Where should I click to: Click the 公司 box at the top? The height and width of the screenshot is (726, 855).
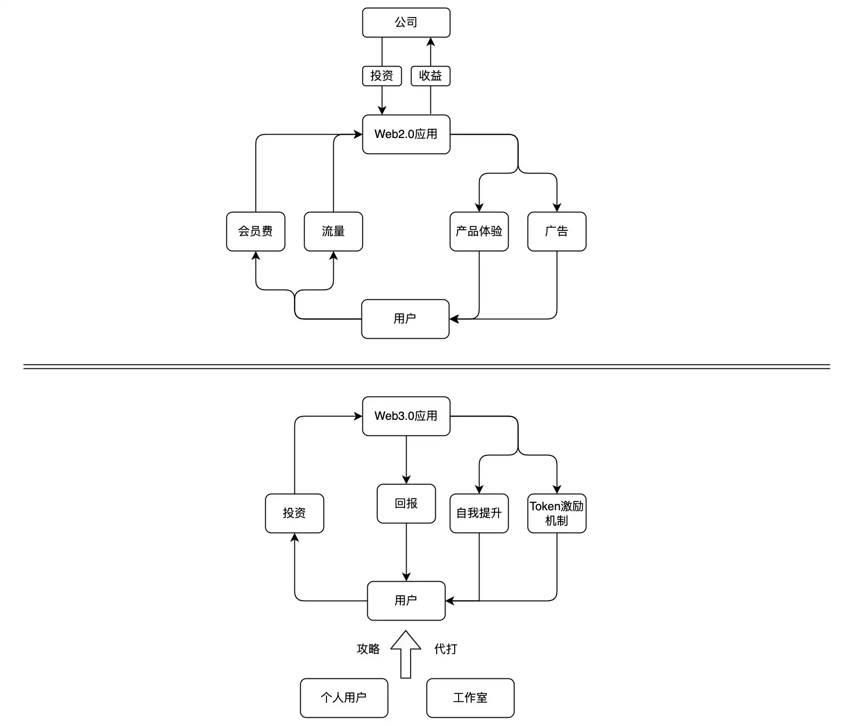406,22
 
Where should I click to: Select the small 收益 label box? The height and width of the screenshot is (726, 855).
430,76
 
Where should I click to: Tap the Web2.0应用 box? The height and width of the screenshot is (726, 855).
406,134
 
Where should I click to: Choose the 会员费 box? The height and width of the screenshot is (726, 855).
256,231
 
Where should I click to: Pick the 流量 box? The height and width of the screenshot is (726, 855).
333,231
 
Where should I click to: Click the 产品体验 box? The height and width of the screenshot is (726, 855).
479,231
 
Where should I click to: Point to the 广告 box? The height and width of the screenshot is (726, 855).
557,231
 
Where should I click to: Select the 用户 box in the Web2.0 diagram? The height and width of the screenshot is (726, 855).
405,319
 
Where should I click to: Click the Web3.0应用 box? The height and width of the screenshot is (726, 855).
406,416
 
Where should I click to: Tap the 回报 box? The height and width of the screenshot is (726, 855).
406,503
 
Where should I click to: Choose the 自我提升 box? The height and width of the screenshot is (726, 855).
479,513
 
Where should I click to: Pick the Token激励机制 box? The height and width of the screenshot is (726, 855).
557,513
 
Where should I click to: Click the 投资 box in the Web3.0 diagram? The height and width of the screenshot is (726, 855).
294,513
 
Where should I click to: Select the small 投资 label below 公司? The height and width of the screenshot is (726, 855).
382,76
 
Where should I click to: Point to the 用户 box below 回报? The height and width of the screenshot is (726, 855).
406,601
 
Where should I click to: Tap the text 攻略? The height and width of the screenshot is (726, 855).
368,649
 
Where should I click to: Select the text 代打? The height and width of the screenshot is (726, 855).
445,649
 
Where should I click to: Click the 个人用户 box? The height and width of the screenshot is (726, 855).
344,698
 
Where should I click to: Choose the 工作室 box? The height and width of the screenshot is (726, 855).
470,698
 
